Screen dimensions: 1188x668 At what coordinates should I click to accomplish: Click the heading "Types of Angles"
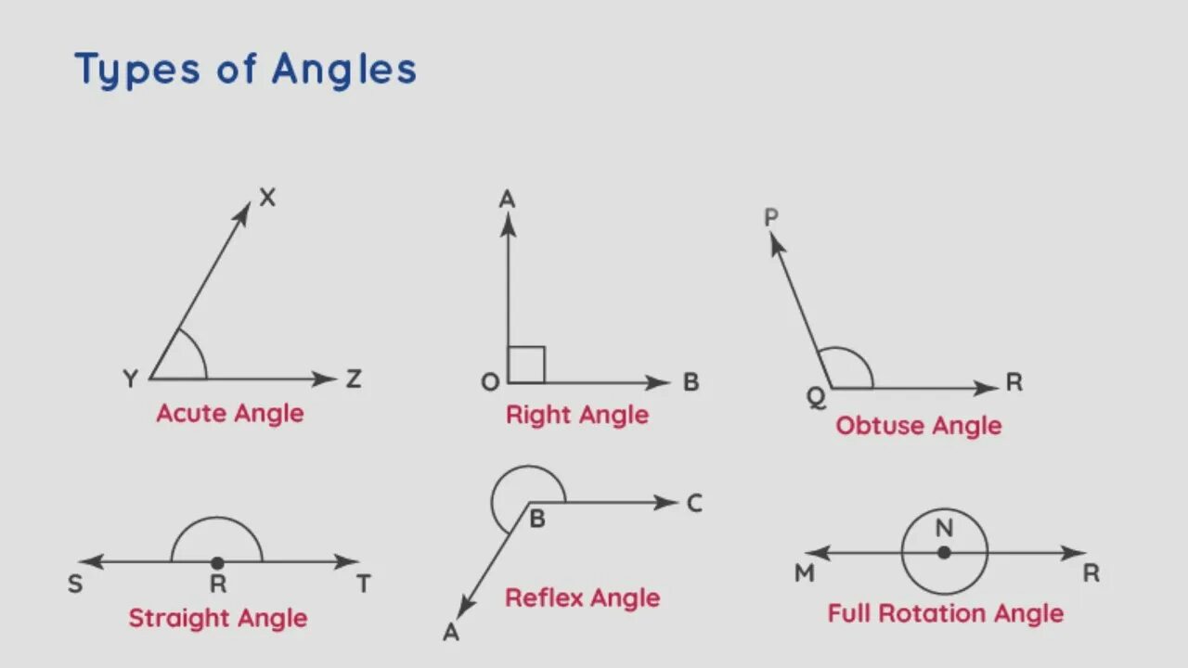(245, 71)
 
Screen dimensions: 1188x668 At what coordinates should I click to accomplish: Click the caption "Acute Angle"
(229, 413)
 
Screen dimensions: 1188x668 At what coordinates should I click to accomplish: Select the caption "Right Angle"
(576, 415)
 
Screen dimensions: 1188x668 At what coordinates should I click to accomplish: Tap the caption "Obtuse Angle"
(918, 426)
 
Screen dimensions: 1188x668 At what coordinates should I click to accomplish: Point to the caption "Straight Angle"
(217, 618)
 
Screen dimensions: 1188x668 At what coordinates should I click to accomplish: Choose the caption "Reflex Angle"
(582, 597)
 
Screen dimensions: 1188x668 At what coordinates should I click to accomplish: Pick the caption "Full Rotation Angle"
(945, 613)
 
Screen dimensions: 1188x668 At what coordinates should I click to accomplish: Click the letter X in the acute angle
(267, 197)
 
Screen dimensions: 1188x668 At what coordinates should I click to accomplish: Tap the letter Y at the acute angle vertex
(130, 379)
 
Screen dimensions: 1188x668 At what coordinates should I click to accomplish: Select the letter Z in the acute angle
(353, 379)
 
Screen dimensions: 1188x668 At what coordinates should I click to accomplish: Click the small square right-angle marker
(526, 365)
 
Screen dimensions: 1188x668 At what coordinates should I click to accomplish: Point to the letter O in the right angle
(489, 382)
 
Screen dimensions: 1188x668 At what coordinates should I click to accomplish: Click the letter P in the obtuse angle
(770, 217)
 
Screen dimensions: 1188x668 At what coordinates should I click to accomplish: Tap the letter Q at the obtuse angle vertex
(815, 397)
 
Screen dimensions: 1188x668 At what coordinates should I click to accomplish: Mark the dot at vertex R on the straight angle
(217, 562)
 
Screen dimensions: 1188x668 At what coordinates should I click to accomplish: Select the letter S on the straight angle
(75, 584)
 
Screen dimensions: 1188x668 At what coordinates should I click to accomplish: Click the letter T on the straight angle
(364, 584)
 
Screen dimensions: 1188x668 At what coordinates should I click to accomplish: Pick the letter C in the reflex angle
(694, 503)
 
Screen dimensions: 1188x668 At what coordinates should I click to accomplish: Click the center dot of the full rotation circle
(944, 552)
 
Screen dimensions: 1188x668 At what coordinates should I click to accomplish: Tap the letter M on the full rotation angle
(804, 573)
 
